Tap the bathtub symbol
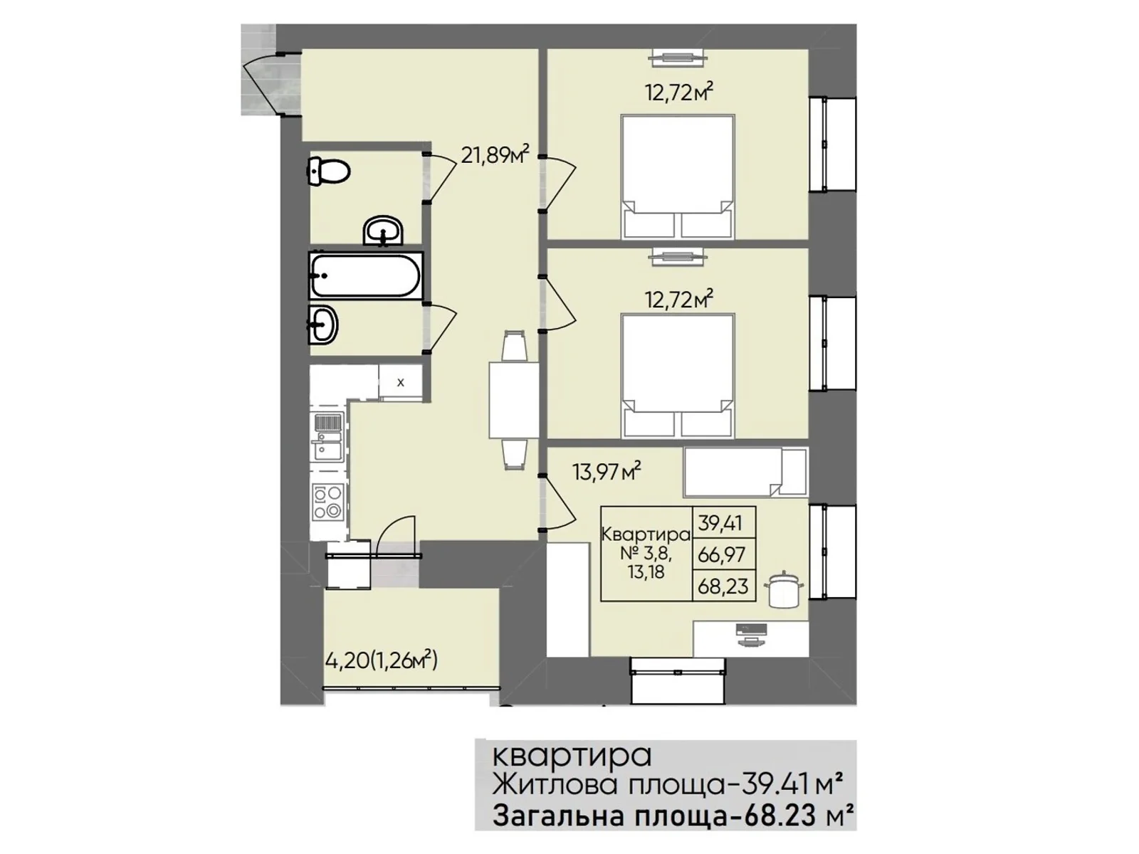pyautogui.click(x=366, y=275)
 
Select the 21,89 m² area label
pyautogui.click(x=495, y=154)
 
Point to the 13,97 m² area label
pyautogui.click(x=606, y=472)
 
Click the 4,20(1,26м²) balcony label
pyautogui.click(x=382, y=661)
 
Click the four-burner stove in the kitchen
pyautogui.click(x=327, y=502)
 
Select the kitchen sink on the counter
pyautogui.click(x=327, y=436)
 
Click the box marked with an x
pyautogui.click(x=400, y=383)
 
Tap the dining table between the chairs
pyautogui.click(x=514, y=400)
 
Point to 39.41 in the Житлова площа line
pyautogui.click(x=767, y=785)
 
